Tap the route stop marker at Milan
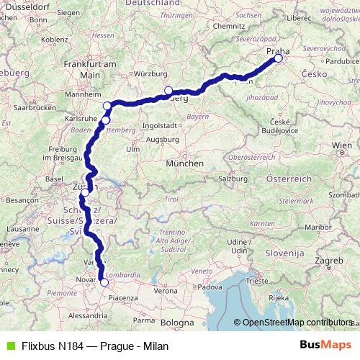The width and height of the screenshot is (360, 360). pyautogui.click(x=104, y=282)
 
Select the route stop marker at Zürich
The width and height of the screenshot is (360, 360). pyautogui.click(x=85, y=192)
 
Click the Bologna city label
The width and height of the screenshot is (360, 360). pyautogui.click(x=177, y=323)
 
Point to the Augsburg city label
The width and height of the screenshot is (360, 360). pyautogui.click(x=161, y=138)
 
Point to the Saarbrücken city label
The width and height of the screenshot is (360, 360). pyautogui.click(x=29, y=107)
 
